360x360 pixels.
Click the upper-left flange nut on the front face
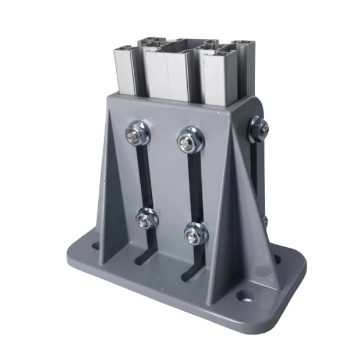134,135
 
